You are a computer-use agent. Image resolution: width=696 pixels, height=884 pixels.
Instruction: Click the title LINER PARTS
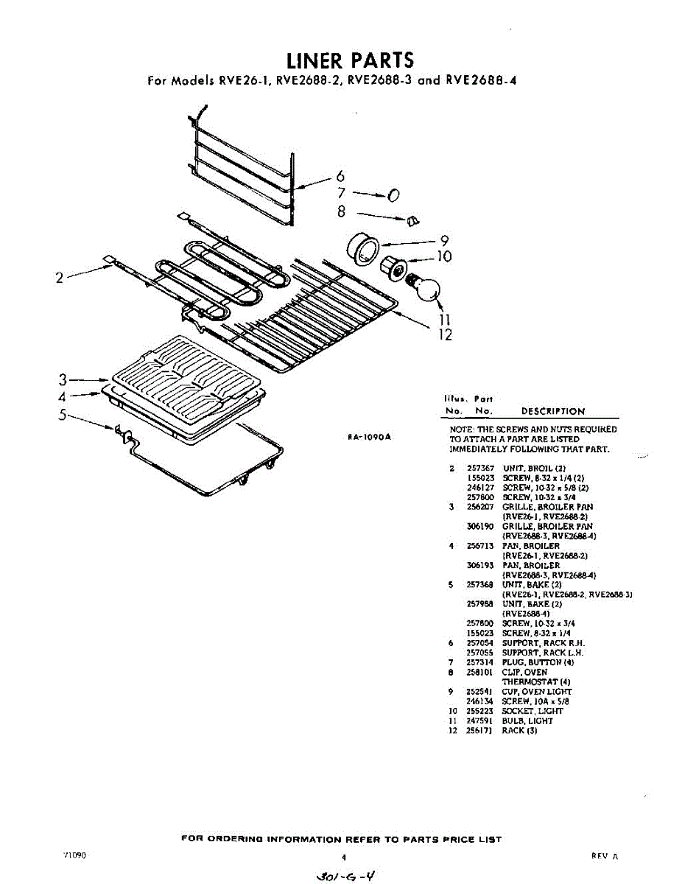tap(350, 60)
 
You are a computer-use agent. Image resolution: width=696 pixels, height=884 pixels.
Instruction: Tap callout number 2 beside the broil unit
tap(60, 278)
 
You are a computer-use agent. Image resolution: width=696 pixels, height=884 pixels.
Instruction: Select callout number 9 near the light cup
tap(444, 239)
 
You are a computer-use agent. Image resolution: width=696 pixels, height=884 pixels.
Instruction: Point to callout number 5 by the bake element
tap(64, 414)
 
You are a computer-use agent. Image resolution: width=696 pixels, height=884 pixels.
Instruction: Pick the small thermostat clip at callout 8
tap(412, 220)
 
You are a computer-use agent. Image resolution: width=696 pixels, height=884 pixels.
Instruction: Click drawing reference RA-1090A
tap(369, 437)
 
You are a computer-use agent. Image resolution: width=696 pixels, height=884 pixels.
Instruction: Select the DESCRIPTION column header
tap(552, 412)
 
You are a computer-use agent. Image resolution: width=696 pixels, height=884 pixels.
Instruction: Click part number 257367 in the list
tap(480, 469)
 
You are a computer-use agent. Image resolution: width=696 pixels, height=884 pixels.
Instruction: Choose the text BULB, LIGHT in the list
tap(527, 720)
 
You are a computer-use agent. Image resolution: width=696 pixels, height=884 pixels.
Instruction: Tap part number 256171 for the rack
tap(480, 730)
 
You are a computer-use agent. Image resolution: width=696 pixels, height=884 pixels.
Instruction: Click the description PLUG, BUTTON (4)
tap(538, 662)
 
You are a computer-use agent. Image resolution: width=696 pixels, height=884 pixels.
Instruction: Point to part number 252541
tap(480, 692)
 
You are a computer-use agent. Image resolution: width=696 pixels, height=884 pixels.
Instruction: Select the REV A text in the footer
tap(604, 856)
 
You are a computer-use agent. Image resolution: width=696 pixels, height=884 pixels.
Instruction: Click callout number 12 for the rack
tap(445, 336)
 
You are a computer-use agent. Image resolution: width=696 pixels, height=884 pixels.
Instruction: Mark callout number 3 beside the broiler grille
tap(64, 380)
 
